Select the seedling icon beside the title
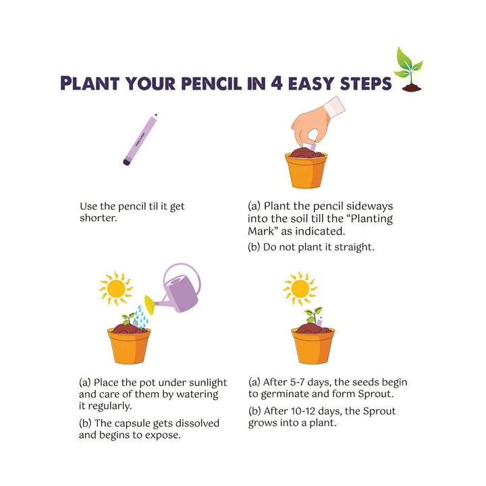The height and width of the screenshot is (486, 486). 409,69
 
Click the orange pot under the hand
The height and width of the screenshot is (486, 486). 306,170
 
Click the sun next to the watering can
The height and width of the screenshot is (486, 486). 115,288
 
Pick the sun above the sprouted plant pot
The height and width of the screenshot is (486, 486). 300,288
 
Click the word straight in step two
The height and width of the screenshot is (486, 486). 354,246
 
